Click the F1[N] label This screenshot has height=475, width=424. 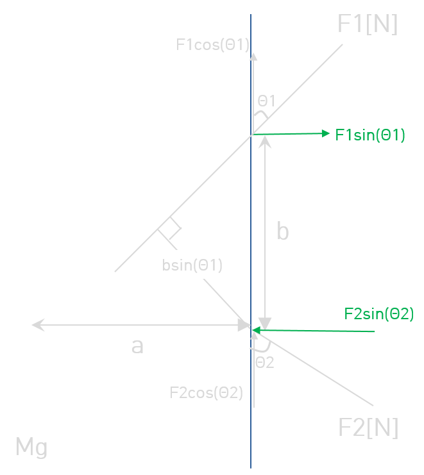click(368, 24)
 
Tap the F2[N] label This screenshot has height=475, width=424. click(368, 428)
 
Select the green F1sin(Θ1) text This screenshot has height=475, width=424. click(369, 135)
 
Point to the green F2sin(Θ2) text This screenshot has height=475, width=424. click(379, 313)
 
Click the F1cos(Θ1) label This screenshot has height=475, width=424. click(212, 45)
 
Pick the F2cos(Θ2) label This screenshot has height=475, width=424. click(206, 393)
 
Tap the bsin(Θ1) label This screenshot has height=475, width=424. click(192, 265)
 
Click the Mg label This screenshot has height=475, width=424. click(31, 447)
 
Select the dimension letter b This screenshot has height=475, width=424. click(283, 231)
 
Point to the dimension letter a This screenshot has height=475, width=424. click(137, 346)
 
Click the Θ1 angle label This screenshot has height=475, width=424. click(266, 101)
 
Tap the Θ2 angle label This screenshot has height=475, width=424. click(265, 363)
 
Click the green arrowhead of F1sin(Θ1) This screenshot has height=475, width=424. click(326, 133)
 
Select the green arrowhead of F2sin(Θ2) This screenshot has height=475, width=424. click(256, 330)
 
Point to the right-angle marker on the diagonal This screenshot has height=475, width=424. click(170, 233)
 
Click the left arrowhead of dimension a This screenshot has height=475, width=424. click(38, 325)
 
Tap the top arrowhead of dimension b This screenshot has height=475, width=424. click(265, 142)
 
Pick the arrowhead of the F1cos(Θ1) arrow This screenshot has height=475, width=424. click(253, 56)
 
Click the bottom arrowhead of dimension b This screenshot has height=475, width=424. click(265, 324)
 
